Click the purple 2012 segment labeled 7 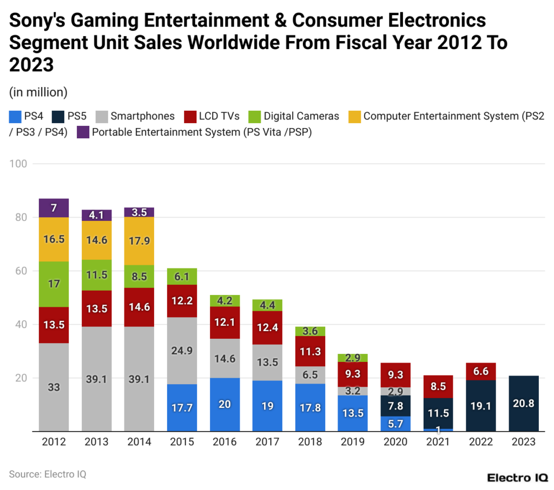point(54,208)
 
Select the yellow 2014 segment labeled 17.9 point(139,241)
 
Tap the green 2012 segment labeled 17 point(54,284)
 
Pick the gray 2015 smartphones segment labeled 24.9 point(182,351)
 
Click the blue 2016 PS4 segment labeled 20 point(225,405)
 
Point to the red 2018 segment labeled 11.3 point(310,351)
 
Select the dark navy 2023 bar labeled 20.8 point(523,404)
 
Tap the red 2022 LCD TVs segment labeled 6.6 point(481,371)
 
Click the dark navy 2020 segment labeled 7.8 point(395,406)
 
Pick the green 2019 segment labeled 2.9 point(353,358)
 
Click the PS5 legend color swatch point(58,116)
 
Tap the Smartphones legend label point(142,116)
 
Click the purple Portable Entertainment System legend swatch point(83,131)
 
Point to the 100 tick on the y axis point(21,164)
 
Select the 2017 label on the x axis point(267,442)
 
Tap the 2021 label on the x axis point(438,442)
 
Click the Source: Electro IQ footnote point(48,474)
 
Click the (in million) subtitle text point(38,92)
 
